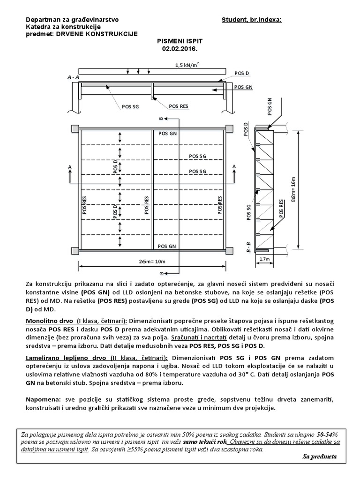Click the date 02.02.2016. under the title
(174, 48)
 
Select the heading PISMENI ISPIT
(174, 41)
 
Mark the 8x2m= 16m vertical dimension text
(293, 189)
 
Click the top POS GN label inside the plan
(167, 134)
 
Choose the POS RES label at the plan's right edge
(220, 205)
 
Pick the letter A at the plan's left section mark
(70, 166)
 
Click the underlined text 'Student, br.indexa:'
(252, 20)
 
